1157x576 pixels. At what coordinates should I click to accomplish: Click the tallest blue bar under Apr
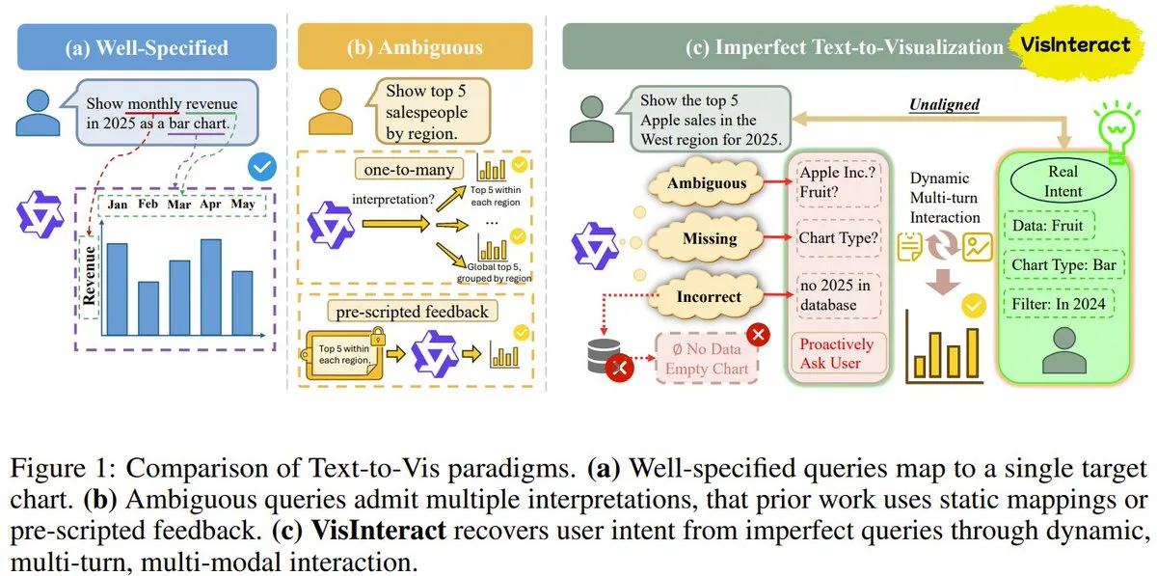(211, 287)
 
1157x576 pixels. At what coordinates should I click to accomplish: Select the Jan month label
(118, 205)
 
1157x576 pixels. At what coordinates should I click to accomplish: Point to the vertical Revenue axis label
(89, 276)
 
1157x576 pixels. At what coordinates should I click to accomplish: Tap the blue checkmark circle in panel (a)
(262, 167)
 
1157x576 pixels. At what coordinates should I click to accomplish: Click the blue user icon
(38, 113)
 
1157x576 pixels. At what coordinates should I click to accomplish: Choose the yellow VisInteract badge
(1076, 44)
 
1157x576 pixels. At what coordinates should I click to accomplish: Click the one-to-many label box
(409, 170)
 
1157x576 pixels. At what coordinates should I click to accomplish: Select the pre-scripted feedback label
(413, 312)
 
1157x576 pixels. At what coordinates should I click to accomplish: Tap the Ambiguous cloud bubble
(706, 183)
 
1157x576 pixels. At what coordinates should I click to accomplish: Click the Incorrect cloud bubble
(707, 297)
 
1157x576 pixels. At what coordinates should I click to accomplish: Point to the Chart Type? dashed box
(838, 238)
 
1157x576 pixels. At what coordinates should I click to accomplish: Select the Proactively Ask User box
(838, 354)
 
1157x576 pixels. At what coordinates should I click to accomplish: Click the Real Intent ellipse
(1063, 181)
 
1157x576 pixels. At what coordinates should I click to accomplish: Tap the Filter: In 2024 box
(1059, 304)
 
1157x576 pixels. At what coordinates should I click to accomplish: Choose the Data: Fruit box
(1049, 226)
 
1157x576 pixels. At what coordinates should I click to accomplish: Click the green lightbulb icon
(1117, 130)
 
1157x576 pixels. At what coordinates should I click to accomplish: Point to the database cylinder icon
(604, 355)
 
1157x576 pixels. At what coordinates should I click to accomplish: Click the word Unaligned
(944, 104)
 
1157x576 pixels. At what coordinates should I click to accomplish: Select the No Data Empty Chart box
(707, 358)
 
